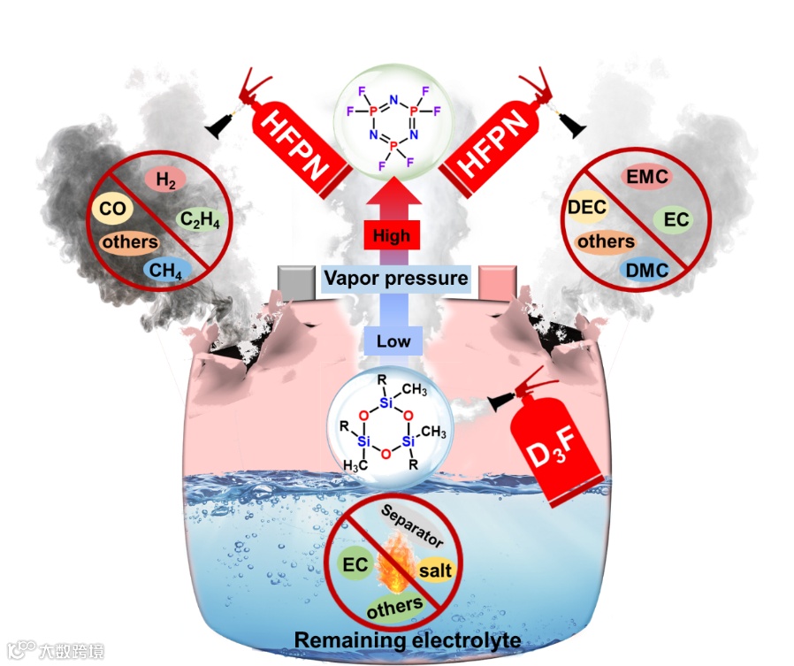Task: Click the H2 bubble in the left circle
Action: [165, 180]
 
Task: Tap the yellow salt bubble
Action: [435, 570]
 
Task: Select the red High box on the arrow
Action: [391, 236]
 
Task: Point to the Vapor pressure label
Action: [394, 279]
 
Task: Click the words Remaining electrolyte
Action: [395, 639]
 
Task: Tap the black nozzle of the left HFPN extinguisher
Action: [215, 129]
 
